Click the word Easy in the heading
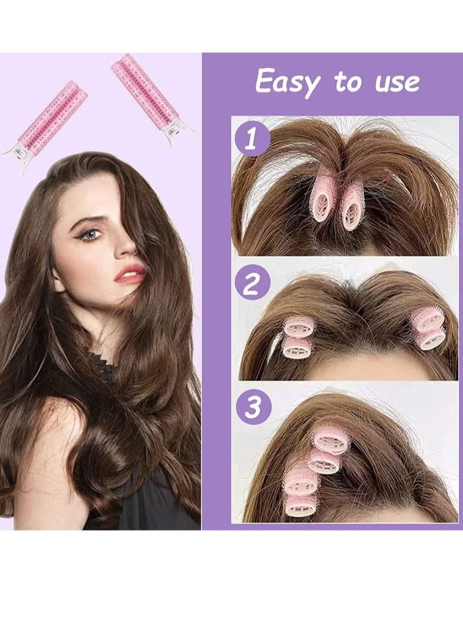(x=288, y=82)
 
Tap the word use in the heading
(x=398, y=82)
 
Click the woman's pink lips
(x=131, y=274)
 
